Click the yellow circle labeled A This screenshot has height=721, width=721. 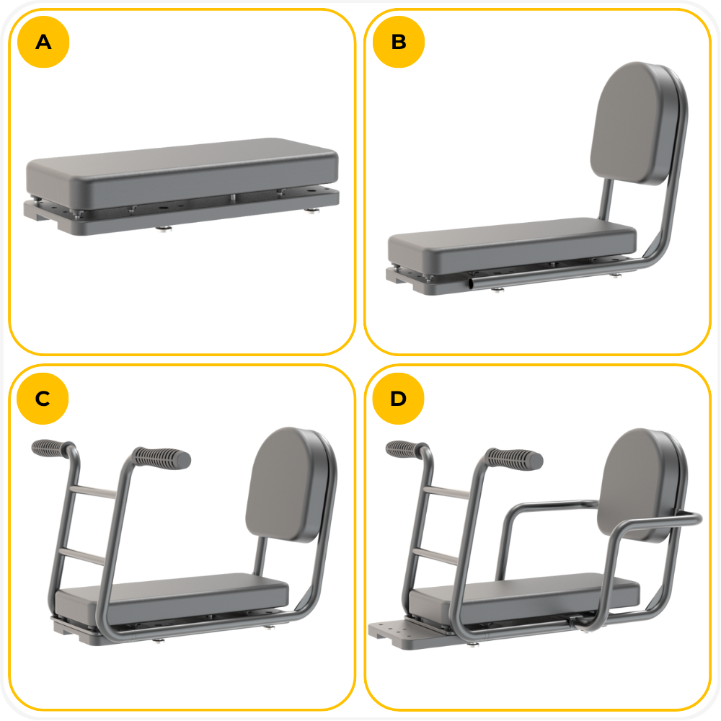pyautogui.click(x=43, y=42)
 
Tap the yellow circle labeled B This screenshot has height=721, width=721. pyautogui.click(x=399, y=42)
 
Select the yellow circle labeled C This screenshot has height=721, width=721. pyautogui.click(x=43, y=398)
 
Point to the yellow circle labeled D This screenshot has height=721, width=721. pyautogui.click(x=398, y=398)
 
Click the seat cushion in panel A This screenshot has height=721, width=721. pyautogui.click(x=182, y=172)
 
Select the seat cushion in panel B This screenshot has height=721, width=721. pyautogui.click(x=512, y=246)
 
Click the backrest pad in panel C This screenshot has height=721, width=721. pyautogui.click(x=287, y=485)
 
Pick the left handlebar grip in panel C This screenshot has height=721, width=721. pyautogui.click(x=51, y=448)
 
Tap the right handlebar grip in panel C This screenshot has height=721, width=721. pyautogui.click(x=162, y=459)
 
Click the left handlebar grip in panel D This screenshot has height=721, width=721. pyautogui.click(x=405, y=448)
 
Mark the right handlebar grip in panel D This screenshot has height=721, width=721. pyautogui.click(x=515, y=459)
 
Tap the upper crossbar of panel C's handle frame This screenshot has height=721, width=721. pyautogui.click(x=93, y=492)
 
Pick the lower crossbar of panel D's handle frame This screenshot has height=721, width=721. pyautogui.click(x=435, y=557)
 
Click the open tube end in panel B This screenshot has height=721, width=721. pyautogui.click(x=471, y=283)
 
